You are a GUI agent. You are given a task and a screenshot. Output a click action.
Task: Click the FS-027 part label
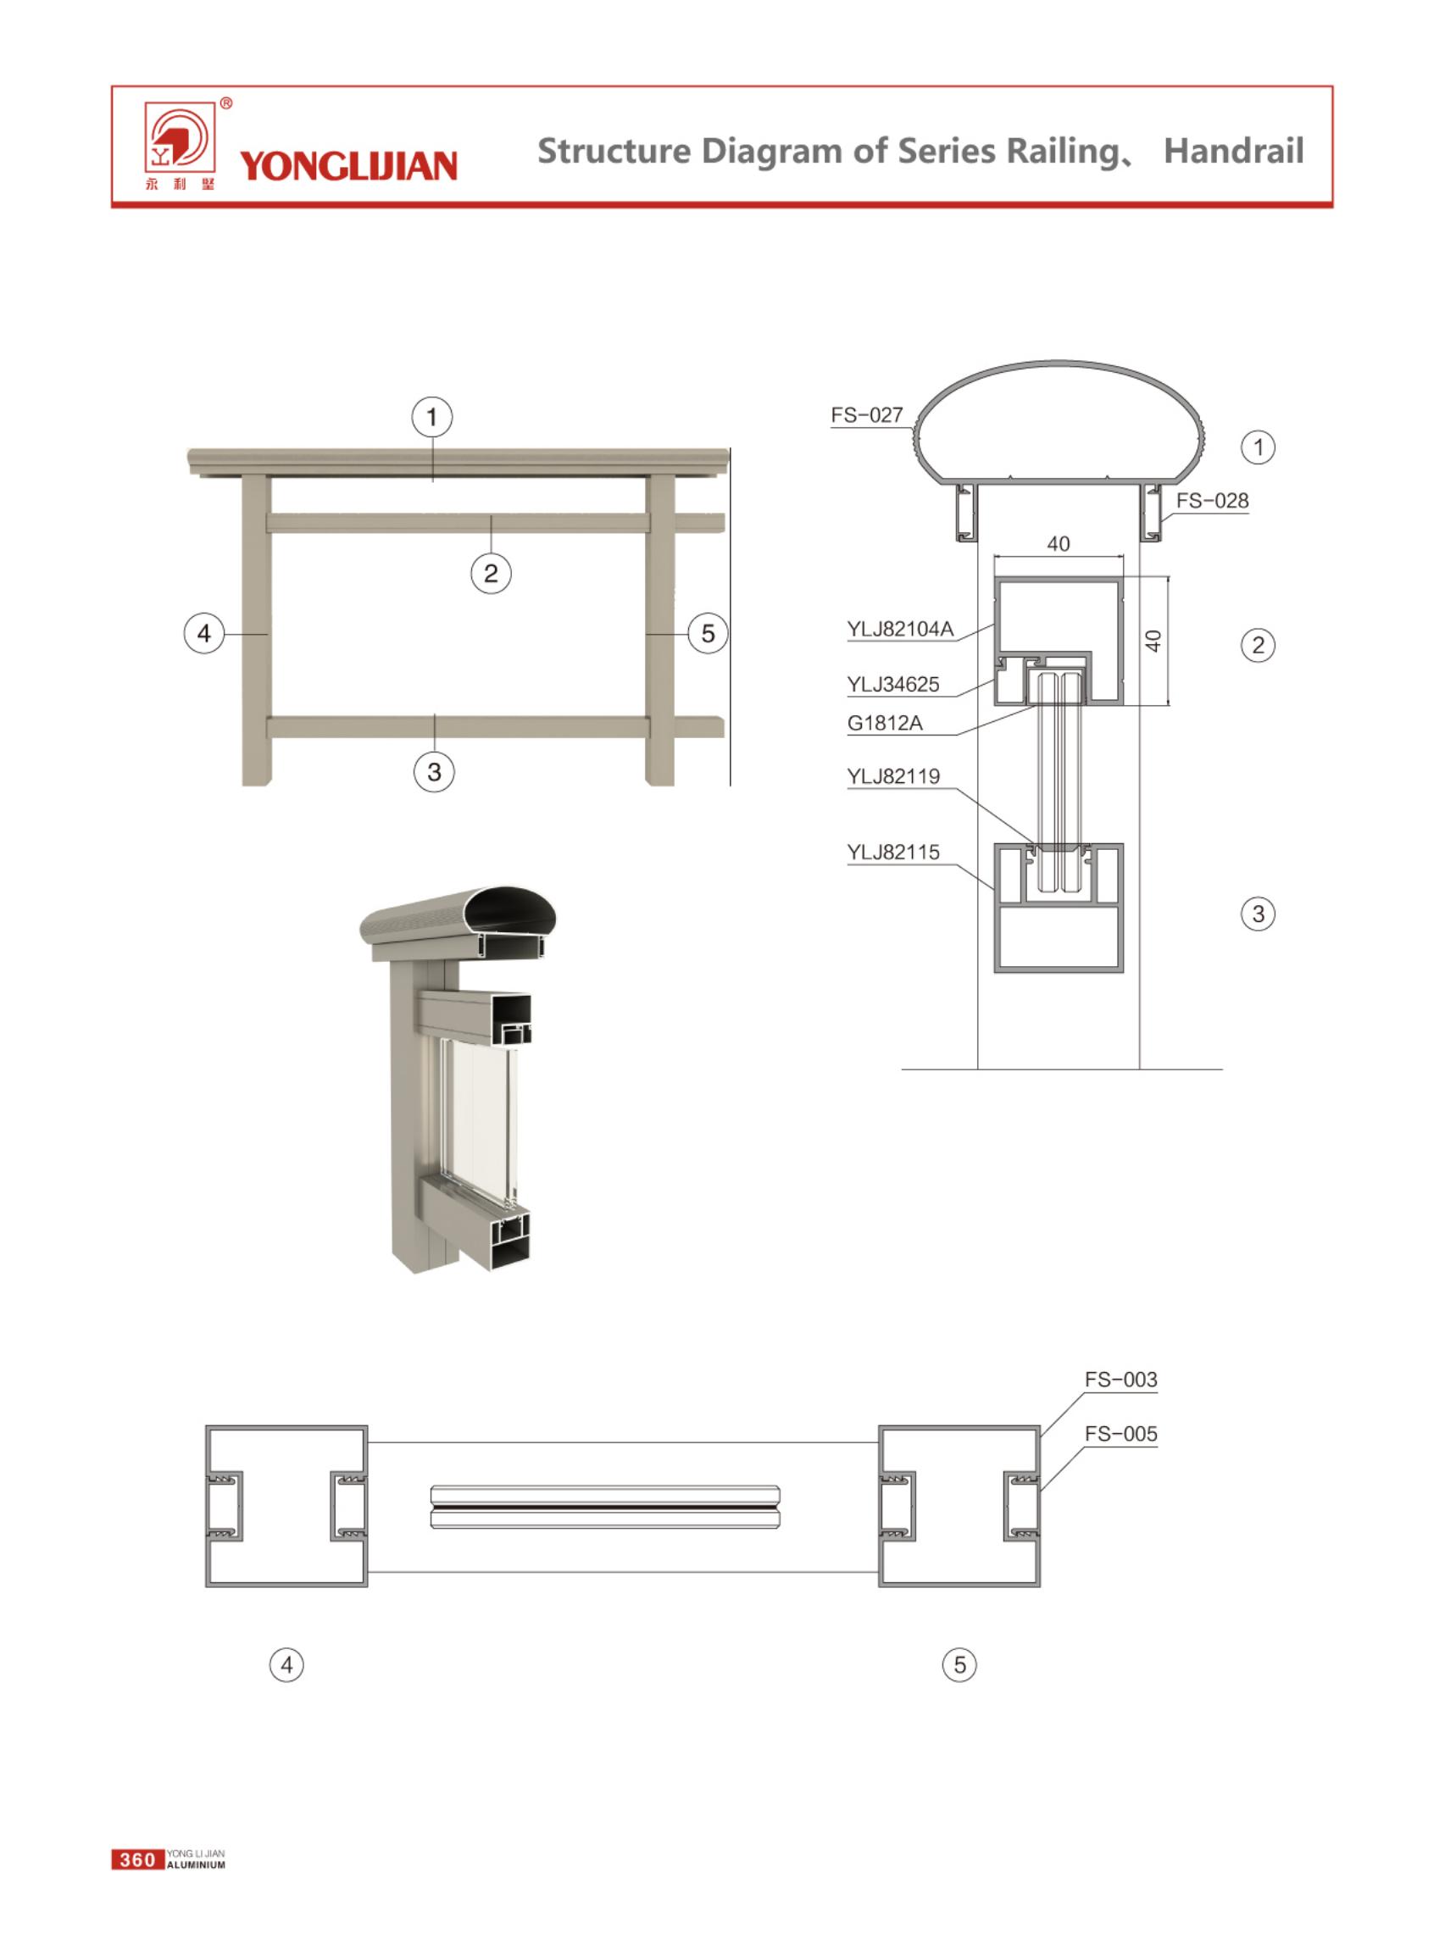click(866, 414)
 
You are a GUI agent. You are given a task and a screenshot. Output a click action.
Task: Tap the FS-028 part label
click(1211, 500)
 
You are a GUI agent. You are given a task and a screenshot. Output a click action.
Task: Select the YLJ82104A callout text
click(900, 629)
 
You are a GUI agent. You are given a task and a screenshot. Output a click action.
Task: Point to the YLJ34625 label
click(893, 684)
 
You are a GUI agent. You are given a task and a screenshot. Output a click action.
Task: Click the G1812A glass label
click(884, 722)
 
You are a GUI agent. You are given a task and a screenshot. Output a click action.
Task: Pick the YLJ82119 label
click(893, 775)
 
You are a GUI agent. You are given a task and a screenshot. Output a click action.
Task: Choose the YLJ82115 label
click(893, 852)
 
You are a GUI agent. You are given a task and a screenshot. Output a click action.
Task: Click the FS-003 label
click(1120, 1379)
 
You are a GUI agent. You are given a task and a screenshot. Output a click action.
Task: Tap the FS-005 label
click(1120, 1433)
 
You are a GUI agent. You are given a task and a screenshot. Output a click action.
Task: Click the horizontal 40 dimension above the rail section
click(1059, 544)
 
